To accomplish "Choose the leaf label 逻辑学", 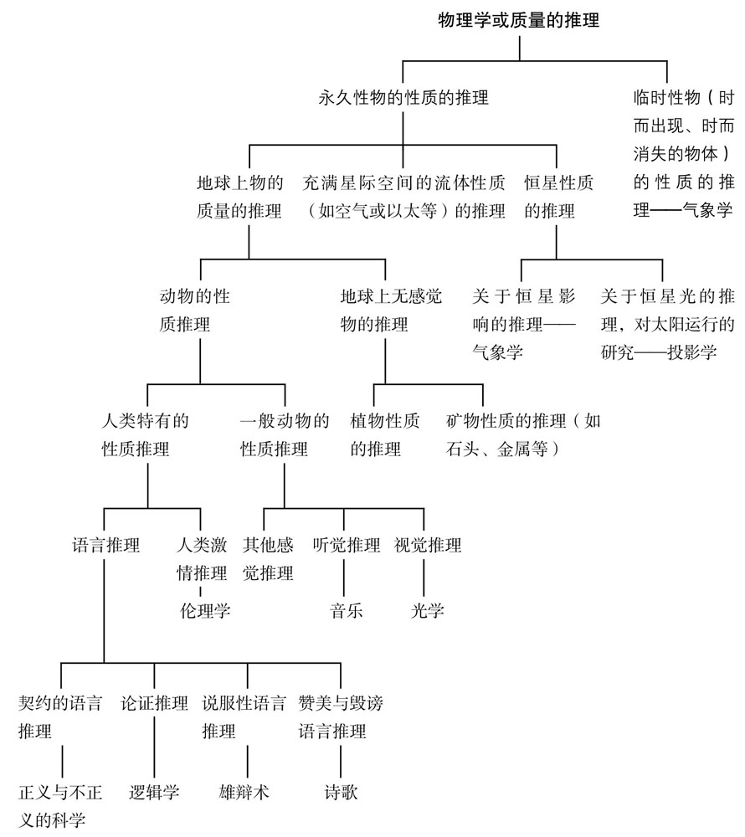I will click(x=155, y=792).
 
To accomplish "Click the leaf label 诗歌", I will click(x=342, y=792).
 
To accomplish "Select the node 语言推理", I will click(x=105, y=546).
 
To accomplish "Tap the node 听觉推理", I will click(x=346, y=546).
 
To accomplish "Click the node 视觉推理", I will click(x=427, y=546).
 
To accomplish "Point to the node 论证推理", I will click(x=155, y=702).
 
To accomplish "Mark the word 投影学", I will click(x=691, y=352).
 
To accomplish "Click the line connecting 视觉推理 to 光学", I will click(x=424, y=578).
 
